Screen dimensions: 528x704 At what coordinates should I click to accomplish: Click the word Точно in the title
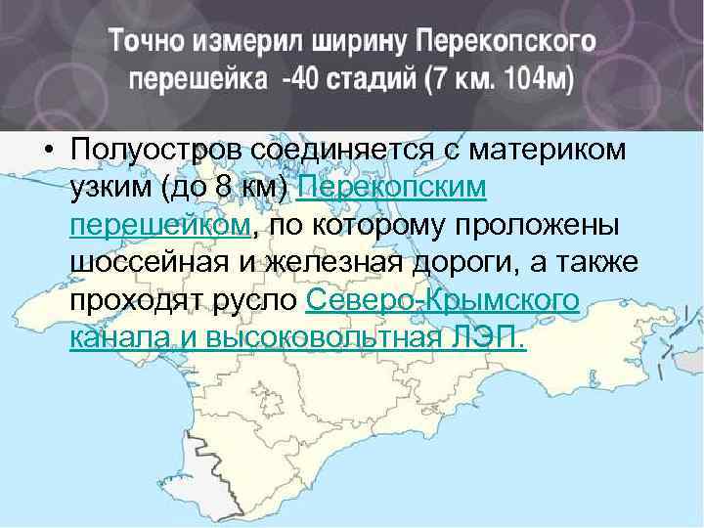pyautogui.click(x=148, y=42)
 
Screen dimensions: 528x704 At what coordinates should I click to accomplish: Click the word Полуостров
pyautogui.click(x=156, y=151)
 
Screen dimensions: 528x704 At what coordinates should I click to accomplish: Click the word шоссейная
pyautogui.click(x=145, y=263)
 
